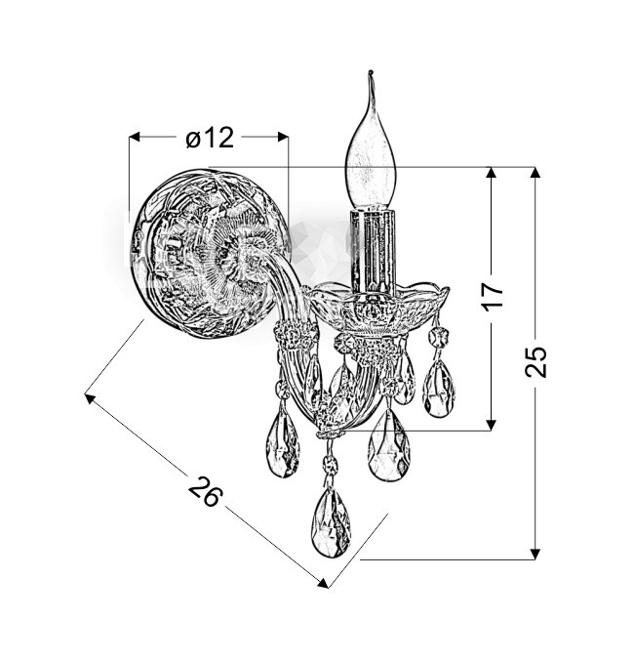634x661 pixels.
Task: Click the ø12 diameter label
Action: tap(210, 137)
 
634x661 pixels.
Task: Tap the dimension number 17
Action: tap(494, 297)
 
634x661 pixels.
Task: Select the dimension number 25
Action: tap(535, 361)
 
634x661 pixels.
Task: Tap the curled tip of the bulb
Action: tap(371, 74)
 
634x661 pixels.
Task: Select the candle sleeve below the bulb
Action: tap(373, 251)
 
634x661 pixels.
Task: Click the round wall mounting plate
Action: tap(211, 253)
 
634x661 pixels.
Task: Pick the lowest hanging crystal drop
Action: tap(331, 522)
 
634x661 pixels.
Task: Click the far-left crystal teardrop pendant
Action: tap(283, 444)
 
